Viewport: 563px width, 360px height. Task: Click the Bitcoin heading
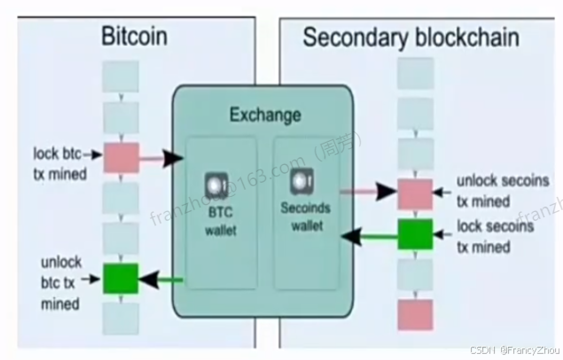tap(134, 37)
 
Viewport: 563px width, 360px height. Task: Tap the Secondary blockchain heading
tap(411, 37)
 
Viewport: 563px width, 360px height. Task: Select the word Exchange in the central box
tap(265, 114)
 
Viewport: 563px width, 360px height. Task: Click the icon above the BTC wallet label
tap(218, 186)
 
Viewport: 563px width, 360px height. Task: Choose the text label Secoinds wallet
tap(304, 218)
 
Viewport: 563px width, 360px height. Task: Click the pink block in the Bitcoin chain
tap(121, 157)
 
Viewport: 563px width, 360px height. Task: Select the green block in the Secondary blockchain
tap(414, 234)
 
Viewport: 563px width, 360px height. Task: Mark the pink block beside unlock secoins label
tap(414, 192)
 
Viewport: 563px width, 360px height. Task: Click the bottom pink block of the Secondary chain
tap(414, 315)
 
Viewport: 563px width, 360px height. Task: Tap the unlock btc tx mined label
tap(59, 284)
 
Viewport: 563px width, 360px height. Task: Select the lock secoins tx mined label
tap(496, 237)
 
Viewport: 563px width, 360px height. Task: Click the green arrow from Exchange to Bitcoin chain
tap(160, 280)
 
